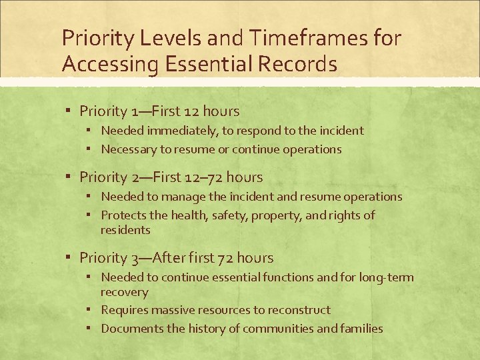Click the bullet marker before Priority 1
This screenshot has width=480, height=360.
[x=69, y=111]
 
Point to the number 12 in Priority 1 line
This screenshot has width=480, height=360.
[x=191, y=111]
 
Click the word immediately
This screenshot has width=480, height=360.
[x=175, y=131]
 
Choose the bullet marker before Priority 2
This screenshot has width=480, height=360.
[x=69, y=177]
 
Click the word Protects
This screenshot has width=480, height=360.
[x=123, y=215]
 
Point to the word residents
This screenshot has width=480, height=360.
[x=125, y=230]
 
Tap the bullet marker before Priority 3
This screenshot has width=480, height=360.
[x=69, y=257]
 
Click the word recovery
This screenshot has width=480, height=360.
[x=125, y=292]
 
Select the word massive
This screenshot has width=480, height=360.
[x=170, y=310]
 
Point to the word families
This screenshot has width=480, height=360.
[x=361, y=328]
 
